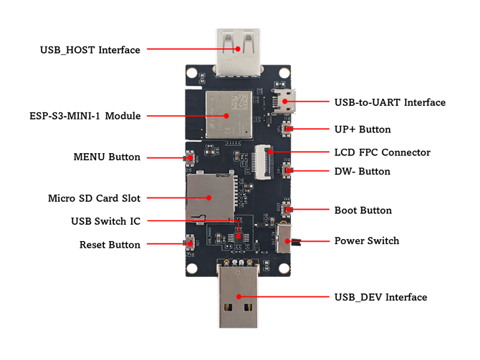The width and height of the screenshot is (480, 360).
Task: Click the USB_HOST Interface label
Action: [90, 50]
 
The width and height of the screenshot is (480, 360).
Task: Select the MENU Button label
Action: [107, 157]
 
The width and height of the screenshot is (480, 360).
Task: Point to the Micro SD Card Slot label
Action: [94, 198]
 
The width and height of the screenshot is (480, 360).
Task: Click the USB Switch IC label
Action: [106, 220]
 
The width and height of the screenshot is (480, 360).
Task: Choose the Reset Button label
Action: [110, 245]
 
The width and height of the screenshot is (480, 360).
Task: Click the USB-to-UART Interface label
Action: [390, 103]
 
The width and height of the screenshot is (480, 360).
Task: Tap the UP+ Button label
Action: [363, 130]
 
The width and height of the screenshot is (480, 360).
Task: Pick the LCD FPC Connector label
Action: [383, 152]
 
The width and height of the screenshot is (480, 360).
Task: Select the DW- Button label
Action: [363, 172]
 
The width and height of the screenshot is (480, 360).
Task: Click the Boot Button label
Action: [363, 210]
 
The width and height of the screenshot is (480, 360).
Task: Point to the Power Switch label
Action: [367, 240]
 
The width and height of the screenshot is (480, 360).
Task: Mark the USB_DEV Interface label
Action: [380, 297]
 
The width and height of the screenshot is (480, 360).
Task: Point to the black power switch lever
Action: [296, 241]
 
